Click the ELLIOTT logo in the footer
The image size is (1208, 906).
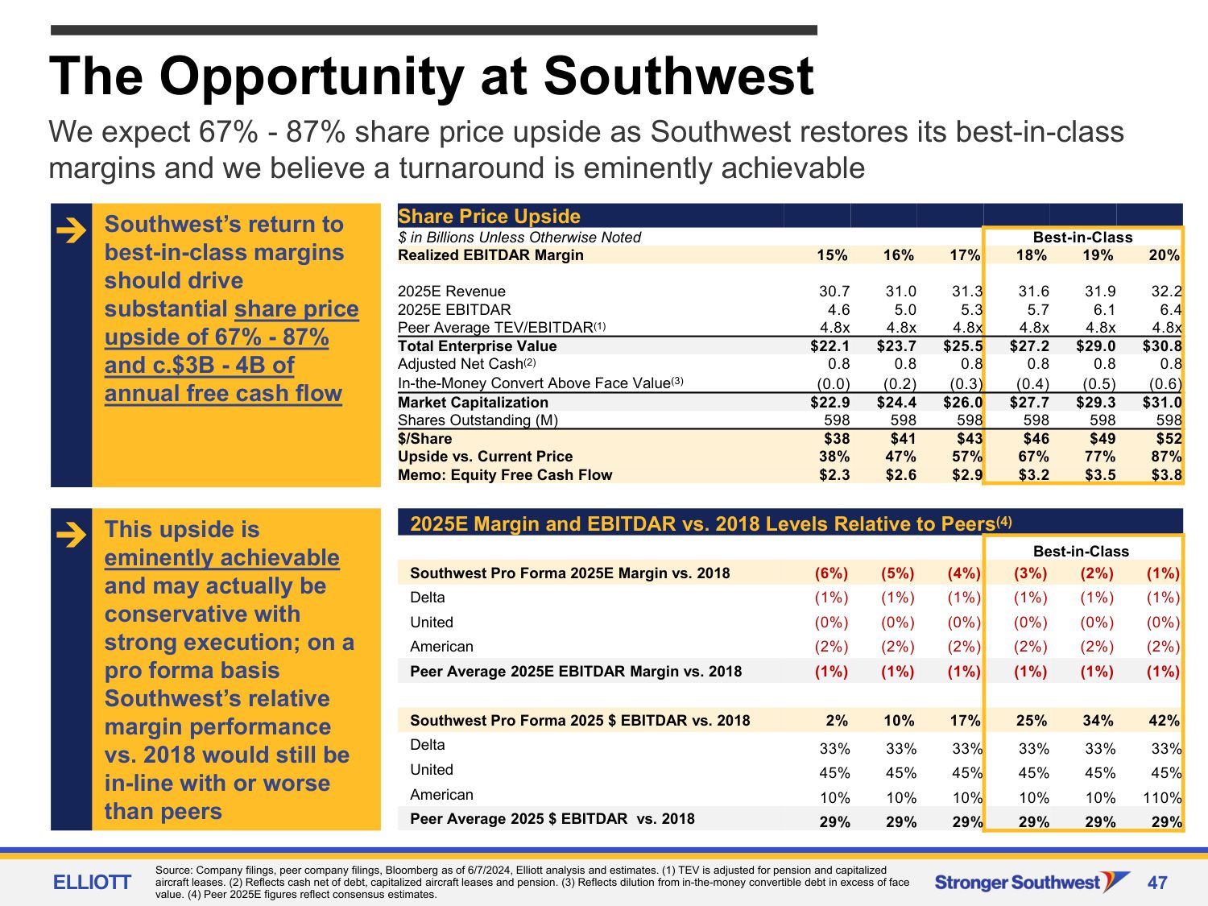tap(92, 883)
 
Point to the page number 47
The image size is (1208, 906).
tap(1157, 883)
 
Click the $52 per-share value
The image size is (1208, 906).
tap(1169, 439)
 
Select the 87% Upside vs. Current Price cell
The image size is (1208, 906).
tap(1166, 457)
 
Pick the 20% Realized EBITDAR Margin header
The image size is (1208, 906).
tap(1165, 255)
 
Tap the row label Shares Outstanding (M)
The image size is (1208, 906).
tap(478, 420)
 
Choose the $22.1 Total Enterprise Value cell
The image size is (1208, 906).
tap(830, 346)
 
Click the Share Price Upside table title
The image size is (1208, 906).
tap(489, 217)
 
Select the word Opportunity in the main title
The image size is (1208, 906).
tap(312, 77)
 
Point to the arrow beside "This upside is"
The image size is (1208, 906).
tap(72, 535)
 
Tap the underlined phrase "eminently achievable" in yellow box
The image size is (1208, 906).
tap(221, 558)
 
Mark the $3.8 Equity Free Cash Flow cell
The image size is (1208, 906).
tap(1166, 475)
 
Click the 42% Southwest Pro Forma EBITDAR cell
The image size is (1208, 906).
tap(1165, 721)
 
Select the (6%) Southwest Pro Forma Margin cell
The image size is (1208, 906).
tap(831, 573)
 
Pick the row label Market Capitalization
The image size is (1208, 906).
tap(473, 403)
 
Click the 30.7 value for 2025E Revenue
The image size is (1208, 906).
tap(834, 292)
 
